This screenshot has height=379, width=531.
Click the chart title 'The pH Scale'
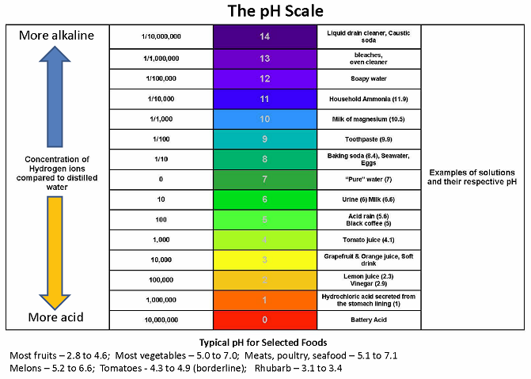pyautogui.click(x=264, y=12)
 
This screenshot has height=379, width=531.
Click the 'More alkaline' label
pyautogui.click(x=55, y=36)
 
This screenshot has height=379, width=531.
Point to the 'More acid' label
pyautogui.click(x=55, y=318)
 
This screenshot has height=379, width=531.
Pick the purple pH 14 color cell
pyautogui.click(x=265, y=36)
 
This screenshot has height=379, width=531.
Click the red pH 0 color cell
pyautogui.click(x=265, y=320)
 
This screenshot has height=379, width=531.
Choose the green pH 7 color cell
pyautogui.click(x=265, y=180)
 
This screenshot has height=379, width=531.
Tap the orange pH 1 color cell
pyautogui.click(x=265, y=300)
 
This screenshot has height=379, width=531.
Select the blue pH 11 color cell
pyautogui.click(x=265, y=99)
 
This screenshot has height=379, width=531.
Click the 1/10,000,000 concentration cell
pyautogui.click(x=161, y=36)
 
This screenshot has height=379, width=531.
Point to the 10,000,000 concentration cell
pyautogui.click(x=161, y=320)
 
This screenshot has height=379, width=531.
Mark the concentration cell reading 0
pyautogui.click(x=161, y=180)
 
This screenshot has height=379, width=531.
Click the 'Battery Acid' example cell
pyautogui.click(x=368, y=320)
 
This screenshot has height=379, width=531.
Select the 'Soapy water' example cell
pyautogui.click(x=368, y=78)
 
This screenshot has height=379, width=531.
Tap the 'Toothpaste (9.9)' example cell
pyautogui.click(x=368, y=139)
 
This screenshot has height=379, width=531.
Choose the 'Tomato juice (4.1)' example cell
pyautogui.click(x=368, y=240)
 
